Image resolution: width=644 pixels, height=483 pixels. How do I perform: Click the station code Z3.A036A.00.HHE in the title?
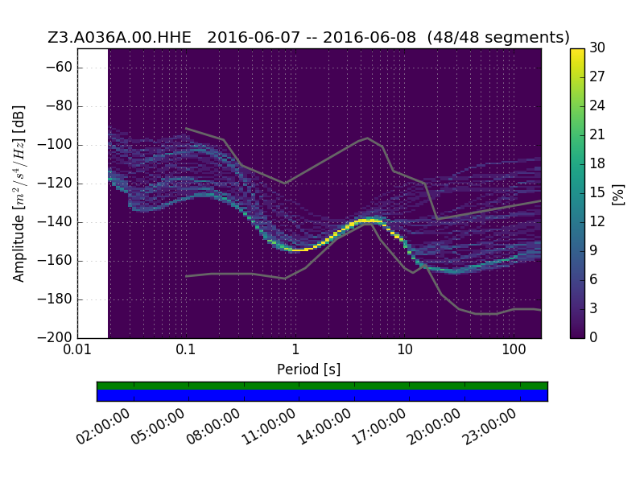(119, 37)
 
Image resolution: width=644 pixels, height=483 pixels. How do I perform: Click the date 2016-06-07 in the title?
(254, 37)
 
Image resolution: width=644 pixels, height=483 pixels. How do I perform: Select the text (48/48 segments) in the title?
(498, 37)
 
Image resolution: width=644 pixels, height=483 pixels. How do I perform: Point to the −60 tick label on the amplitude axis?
(59, 68)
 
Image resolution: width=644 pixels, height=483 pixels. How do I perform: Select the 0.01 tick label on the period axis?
(77, 350)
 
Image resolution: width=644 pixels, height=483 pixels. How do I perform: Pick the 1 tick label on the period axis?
(295, 350)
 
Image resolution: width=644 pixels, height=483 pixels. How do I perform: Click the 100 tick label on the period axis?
(514, 350)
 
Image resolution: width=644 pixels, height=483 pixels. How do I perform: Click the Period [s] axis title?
(309, 369)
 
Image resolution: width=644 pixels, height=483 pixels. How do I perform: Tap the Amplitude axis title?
(19, 193)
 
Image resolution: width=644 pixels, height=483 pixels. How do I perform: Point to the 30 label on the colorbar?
(597, 47)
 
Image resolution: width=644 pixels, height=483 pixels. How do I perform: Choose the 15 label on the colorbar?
(597, 192)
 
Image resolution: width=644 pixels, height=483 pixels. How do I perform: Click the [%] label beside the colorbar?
(618, 195)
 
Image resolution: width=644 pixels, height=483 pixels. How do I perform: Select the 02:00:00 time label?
(104, 427)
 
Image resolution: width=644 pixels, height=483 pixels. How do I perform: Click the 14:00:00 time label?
(324, 427)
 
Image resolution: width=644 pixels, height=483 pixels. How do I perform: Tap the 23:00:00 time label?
(489, 427)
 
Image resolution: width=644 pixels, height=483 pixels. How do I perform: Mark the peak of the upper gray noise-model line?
(368, 138)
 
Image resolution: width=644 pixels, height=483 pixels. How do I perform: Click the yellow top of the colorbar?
(577, 52)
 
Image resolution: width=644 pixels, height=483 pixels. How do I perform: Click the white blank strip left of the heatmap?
(93, 193)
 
